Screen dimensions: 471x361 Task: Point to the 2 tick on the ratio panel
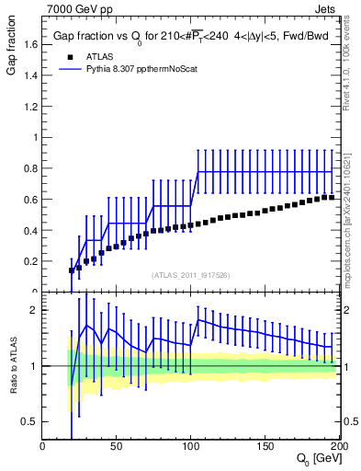pyautogui.click(x=35, y=310)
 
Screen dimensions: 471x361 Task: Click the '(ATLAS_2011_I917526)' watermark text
pyautogui.click(x=191, y=274)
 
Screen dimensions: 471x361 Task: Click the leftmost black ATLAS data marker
pyautogui.click(x=73, y=270)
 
